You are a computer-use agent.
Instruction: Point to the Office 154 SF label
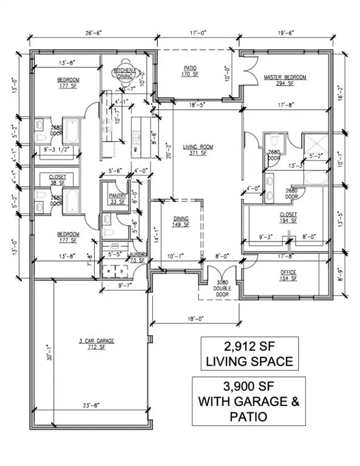[288, 275]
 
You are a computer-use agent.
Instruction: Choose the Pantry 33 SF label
[115, 198]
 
